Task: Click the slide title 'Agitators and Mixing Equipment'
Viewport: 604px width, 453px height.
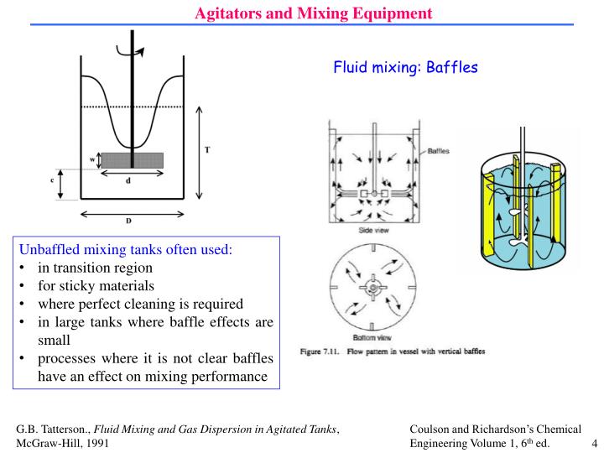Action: [x=314, y=13]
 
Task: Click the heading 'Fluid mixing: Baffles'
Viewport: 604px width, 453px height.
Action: [x=406, y=67]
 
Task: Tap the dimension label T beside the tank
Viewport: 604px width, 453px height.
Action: [x=207, y=150]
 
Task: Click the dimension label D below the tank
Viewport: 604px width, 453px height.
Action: [x=128, y=221]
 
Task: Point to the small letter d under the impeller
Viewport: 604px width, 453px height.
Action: [x=128, y=180]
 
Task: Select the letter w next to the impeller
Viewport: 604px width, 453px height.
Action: [x=92, y=159]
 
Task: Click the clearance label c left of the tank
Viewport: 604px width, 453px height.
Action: [x=52, y=180]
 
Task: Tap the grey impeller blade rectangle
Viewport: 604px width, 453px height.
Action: [x=133, y=160]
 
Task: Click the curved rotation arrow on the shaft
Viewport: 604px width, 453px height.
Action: [x=130, y=52]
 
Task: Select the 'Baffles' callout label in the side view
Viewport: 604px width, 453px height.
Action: [x=439, y=151]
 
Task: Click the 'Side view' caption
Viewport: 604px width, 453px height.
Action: [x=373, y=231]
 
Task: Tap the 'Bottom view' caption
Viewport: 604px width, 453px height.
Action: [x=372, y=338]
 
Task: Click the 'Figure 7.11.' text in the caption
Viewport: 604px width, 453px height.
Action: [x=320, y=351]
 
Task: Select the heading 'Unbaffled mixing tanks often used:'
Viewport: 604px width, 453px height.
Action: [x=126, y=250]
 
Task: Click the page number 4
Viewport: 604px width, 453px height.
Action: [x=595, y=443]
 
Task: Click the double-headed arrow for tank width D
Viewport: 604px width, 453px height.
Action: [x=133, y=214]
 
